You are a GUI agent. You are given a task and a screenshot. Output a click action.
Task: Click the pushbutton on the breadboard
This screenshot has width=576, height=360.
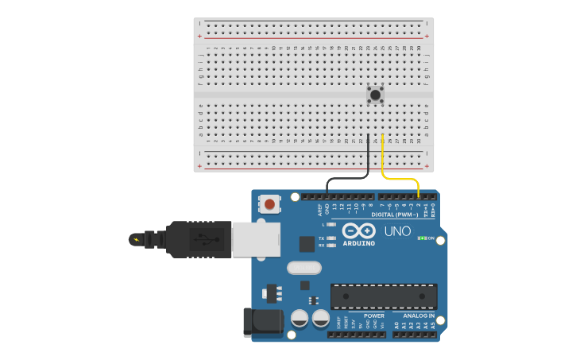pos(375,95)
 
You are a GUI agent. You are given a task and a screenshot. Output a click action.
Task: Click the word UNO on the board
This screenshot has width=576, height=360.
pos(397,232)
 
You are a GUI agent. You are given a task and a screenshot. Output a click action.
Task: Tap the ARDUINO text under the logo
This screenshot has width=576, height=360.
pos(359,243)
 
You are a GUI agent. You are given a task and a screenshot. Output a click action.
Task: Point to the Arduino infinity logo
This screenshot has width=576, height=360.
pos(358,230)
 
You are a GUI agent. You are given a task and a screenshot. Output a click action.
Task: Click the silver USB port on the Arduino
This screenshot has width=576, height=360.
pos(256,239)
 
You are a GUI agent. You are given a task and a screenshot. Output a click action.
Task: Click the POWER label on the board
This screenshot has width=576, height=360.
pos(374,315)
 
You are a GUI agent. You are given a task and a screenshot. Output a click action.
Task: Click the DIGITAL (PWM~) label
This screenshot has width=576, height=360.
pos(396,214)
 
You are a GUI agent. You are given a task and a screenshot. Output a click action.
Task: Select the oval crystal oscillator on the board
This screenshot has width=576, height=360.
pos(303,268)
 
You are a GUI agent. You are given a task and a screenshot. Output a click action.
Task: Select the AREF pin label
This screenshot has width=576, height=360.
pos(320,210)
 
